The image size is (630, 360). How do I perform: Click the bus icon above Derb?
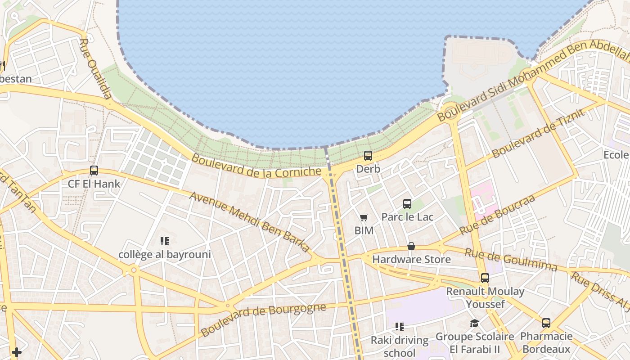pos(368,156)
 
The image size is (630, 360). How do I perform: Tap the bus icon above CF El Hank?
pos(94,171)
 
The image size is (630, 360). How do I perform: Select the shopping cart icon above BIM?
pos(364,218)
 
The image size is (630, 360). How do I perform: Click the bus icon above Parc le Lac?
pos(407,203)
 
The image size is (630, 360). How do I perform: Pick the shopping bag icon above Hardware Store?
pos(411,246)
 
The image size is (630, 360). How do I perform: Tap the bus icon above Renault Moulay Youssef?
pos(485,278)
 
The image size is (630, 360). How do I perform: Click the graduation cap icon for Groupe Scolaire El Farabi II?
pos(474,323)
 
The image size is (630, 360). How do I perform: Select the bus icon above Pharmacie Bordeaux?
pos(546,323)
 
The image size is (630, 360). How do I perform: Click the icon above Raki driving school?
pos(399,326)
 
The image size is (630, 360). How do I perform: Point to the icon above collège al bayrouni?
pos(165,241)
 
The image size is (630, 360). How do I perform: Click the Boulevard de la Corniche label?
pos(256,166)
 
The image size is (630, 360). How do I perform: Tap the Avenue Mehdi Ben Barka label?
pos(250,222)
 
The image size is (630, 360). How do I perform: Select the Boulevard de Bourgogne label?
pos(263,320)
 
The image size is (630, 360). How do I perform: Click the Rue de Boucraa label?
pos(497,215)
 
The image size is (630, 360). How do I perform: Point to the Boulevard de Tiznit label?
pos(539,133)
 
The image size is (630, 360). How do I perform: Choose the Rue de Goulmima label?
pos(511,260)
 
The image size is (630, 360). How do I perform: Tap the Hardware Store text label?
pos(411,260)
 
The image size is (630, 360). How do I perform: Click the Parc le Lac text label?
pos(407,217)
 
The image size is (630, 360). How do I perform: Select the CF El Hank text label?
pos(94,184)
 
